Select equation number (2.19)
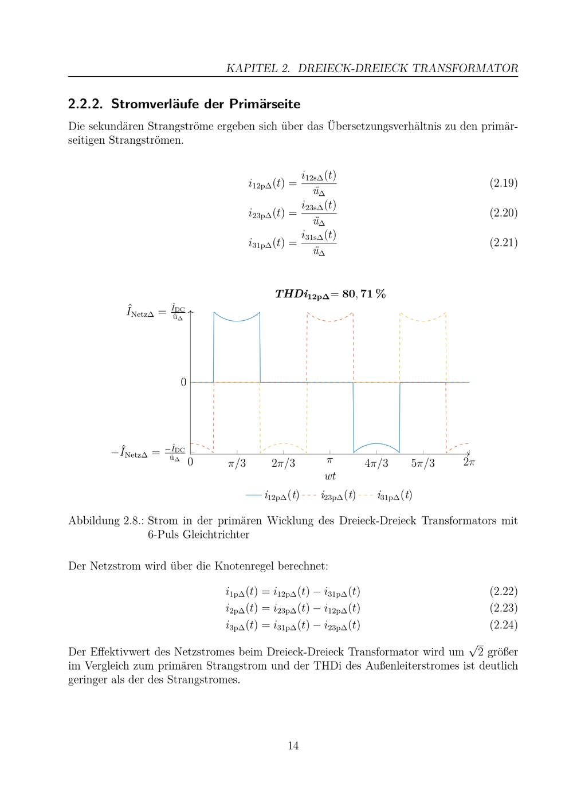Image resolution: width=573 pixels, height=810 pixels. pos(503,183)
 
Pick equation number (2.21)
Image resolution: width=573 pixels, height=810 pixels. pos(503,243)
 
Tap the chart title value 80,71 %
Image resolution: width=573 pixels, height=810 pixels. pos(363,294)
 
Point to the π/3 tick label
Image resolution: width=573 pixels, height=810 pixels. pos(237,463)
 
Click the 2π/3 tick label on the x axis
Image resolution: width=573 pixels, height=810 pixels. pos(283,463)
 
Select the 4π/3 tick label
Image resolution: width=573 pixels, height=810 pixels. pos(376,463)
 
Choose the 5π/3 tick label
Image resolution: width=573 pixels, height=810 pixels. pos(422,463)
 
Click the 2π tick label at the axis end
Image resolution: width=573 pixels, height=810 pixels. pos(469,462)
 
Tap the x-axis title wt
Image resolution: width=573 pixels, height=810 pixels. pos(329,476)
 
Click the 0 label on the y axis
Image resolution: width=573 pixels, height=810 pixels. pos(183,382)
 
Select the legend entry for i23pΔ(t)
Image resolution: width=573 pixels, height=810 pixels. pos(337,496)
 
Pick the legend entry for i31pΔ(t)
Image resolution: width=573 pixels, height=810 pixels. pos(394,496)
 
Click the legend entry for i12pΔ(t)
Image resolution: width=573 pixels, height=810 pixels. pos(281,496)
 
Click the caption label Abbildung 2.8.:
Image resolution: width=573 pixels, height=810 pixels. pos(105,521)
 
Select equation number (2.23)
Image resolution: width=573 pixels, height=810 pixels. pos(503,608)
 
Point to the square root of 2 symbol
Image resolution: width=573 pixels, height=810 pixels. pos(476,652)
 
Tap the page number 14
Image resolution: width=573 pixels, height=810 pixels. pos(293,746)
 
